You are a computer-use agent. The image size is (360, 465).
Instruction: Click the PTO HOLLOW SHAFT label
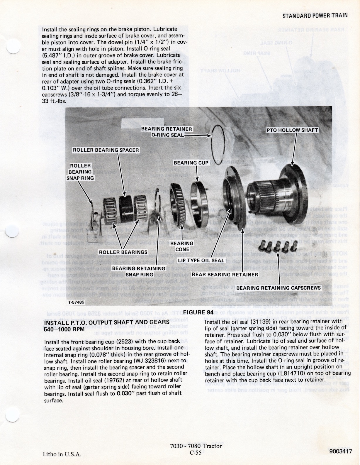point(292,130)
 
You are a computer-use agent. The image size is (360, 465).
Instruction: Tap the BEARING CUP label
point(191,163)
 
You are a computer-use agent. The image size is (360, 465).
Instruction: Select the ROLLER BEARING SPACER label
point(106,150)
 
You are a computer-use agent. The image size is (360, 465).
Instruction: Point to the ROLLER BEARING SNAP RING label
point(80,172)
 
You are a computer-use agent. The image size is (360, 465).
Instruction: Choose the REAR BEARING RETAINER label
point(225,275)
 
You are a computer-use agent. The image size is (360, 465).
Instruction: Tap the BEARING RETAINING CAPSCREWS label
point(279,288)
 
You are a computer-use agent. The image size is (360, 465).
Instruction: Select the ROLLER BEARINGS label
point(123,252)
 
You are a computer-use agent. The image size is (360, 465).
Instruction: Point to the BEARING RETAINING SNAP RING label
point(139,271)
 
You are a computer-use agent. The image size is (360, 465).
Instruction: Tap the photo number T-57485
point(76,302)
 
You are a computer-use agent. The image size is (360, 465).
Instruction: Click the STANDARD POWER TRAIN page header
point(315,16)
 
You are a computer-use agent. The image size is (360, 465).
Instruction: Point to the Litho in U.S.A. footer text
point(62,454)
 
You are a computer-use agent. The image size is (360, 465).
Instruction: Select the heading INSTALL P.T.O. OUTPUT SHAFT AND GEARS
point(107,323)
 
